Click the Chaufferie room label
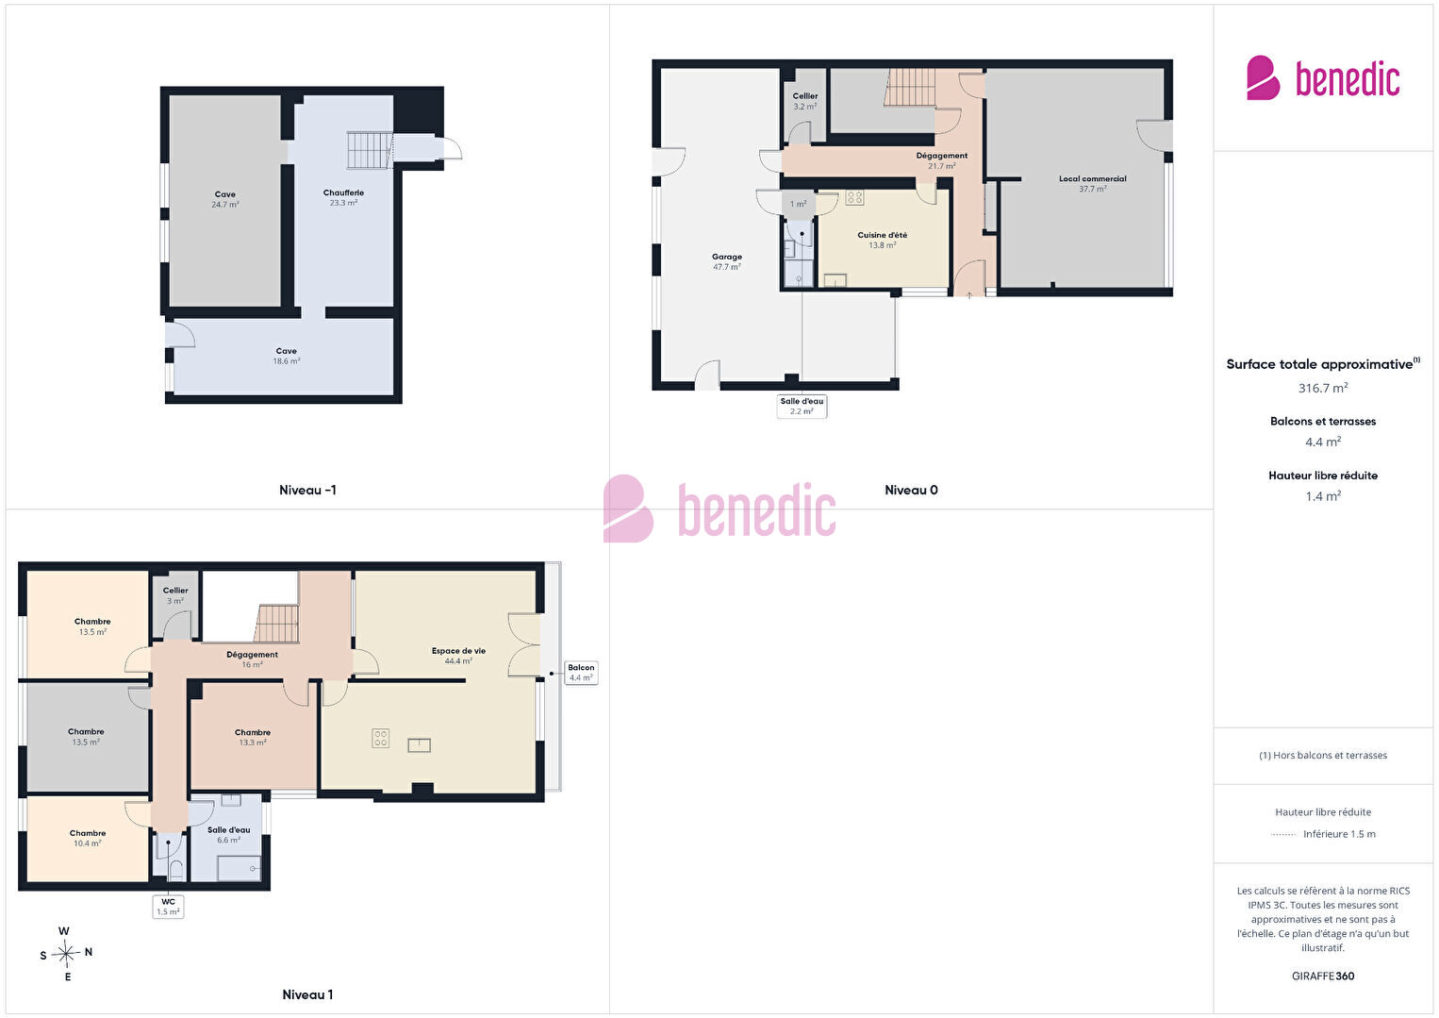tap(343, 192)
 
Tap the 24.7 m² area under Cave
tap(224, 205)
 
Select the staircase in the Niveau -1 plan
tap(370, 150)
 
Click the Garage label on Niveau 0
tap(726, 257)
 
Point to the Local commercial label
tap(1092, 178)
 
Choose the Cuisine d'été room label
tap(882, 235)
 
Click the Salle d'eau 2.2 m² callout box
tap(802, 407)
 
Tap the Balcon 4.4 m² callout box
tap(581, 673)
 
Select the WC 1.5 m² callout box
tap(168, 907)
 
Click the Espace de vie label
tap(458, 651)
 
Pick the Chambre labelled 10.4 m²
tap(88, 838)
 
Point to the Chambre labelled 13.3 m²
tap(253, 737)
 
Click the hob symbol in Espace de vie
tap(380, 738)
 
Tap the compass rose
tap(65, 954)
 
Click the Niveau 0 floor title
tap(911, 491)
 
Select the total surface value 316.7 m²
tap(1323, 388)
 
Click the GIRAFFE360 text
tap(1323, 976)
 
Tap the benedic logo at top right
tap(1323, 77)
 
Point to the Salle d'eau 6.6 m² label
tap(229, 835)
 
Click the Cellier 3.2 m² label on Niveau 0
tap(805, 101)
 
